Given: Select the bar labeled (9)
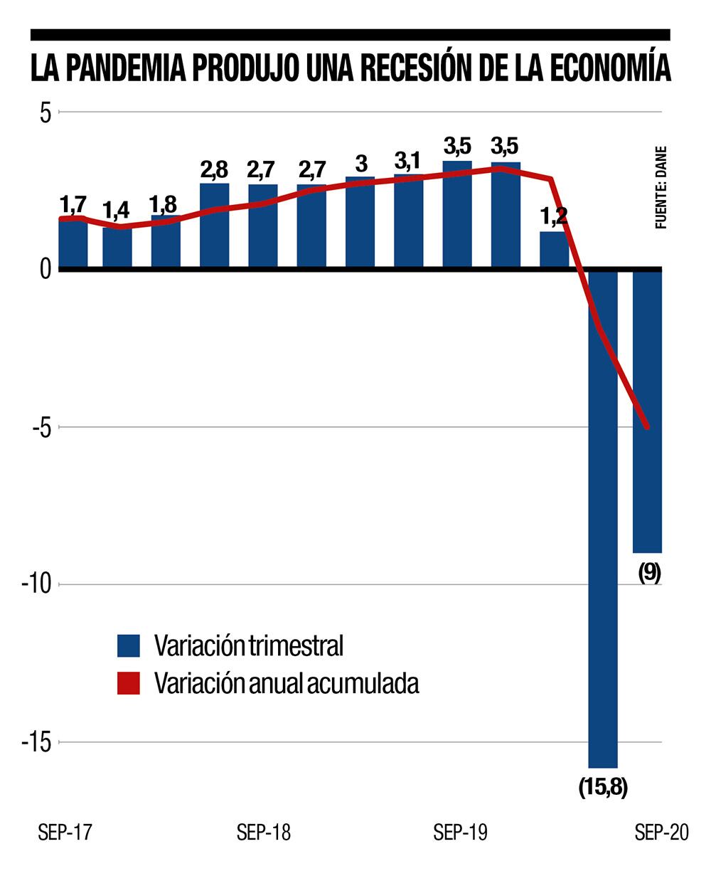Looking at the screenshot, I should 647,411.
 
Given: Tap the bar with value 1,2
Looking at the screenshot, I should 554,250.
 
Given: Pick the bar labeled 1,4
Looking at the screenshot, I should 117,248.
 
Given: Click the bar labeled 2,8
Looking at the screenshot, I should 215,226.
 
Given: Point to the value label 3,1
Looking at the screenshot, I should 409,162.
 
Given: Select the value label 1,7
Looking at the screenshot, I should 73,205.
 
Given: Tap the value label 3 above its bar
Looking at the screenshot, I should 360,164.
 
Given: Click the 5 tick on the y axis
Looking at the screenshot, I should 45,112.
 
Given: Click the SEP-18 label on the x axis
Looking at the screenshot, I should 264,833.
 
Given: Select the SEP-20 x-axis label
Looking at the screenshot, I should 662,833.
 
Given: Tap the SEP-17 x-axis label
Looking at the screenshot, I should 65,833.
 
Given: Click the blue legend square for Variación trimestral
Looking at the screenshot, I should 129,646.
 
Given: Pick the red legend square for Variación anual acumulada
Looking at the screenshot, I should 129,683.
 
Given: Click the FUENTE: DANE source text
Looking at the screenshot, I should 661,187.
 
